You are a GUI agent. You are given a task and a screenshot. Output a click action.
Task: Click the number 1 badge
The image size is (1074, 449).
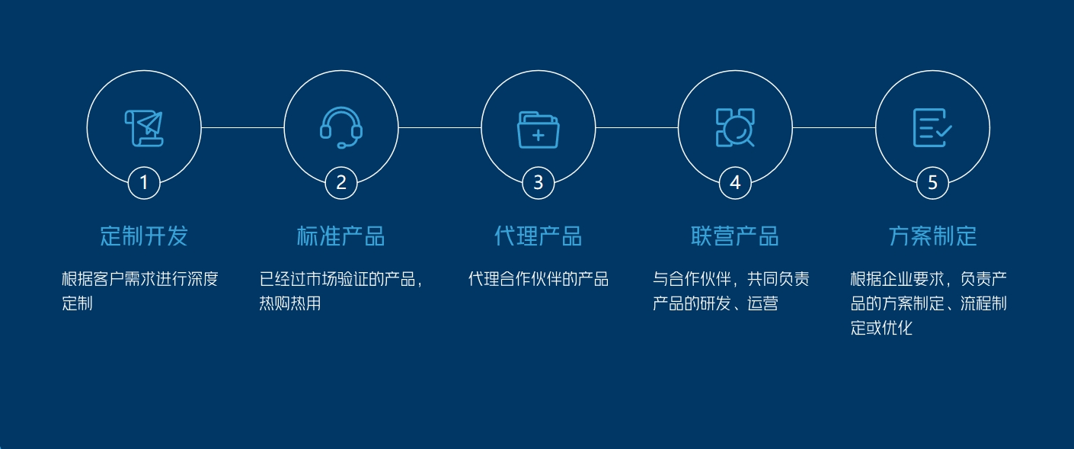(144, 183)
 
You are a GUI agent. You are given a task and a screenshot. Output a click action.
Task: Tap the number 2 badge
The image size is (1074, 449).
(341, 183)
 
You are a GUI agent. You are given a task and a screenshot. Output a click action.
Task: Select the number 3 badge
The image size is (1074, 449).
(538, 183)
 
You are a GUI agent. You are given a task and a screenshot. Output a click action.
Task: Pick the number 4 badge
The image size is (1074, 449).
(735, 183)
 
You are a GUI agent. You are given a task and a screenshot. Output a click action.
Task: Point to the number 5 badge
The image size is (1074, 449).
(932, 183)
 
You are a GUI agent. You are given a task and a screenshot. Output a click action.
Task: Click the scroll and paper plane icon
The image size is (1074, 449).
(144, 128)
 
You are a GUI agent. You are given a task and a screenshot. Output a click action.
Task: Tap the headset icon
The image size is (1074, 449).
(341, 127)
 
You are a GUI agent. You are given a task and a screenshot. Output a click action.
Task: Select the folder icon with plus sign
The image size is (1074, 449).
(538, 130)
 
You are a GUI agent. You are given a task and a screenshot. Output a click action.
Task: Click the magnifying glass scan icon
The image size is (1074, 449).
(735, 127)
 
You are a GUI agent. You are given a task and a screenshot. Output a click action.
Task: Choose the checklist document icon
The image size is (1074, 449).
(932, 127)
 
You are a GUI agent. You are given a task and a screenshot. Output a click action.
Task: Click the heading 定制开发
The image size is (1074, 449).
(144, 236)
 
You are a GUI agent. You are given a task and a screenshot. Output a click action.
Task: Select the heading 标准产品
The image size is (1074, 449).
(341, 236)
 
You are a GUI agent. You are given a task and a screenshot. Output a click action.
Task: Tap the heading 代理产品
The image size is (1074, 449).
(538, 236)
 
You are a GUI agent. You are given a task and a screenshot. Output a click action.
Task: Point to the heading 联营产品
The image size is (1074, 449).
(735, 236)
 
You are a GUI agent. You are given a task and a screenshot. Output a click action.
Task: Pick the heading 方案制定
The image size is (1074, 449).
(932, 236)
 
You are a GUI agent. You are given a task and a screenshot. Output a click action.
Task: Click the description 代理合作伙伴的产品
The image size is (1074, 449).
(538, 279)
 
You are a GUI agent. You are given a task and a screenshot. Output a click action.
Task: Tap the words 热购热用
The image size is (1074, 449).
(290, 303)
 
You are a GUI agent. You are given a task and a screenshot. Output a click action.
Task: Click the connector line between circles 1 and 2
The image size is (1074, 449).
(243, 127)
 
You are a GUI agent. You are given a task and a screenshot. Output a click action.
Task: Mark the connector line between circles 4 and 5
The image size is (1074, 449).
(834, 127)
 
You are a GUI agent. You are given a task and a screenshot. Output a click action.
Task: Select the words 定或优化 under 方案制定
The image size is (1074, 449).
(881, 328)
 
